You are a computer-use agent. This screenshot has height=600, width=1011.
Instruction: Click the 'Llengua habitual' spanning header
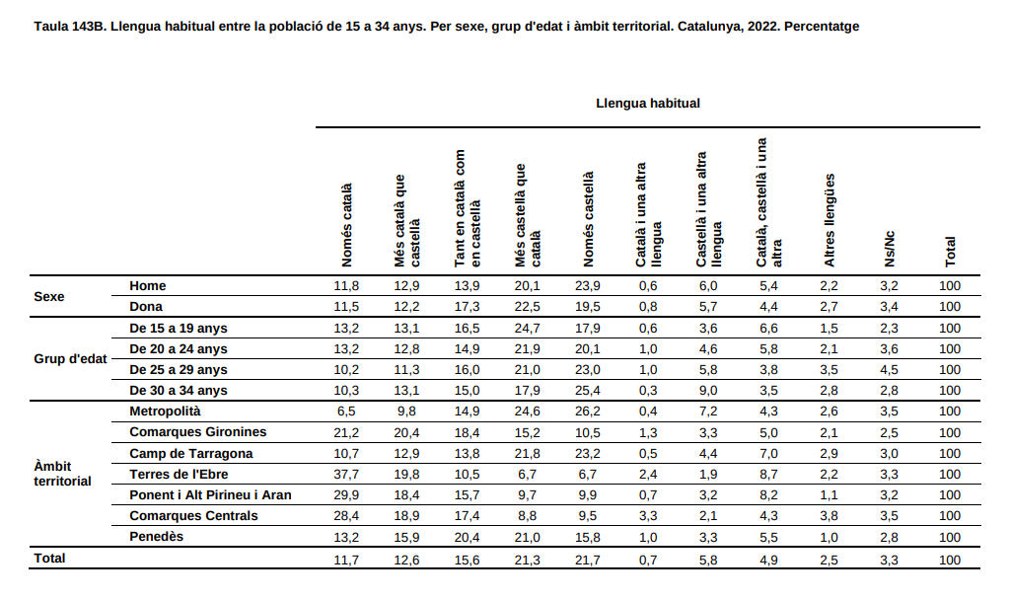point(647,104)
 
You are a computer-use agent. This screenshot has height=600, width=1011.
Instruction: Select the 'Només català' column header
point(346,225)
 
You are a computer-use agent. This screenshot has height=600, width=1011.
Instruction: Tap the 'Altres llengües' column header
point(830,220)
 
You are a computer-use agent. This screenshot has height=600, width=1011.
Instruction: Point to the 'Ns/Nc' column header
point(889,249)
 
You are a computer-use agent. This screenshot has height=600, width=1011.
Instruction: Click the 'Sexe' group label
point(49,297)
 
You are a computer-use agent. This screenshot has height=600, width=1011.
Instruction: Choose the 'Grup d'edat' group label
point(70,358)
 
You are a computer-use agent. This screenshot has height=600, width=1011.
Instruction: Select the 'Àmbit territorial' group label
point(62,474)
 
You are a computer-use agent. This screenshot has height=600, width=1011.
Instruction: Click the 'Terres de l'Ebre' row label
point(179,475)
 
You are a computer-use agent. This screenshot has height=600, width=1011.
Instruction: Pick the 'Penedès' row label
point(156,537)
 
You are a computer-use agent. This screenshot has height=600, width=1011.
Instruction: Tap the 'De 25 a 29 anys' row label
point(178,370)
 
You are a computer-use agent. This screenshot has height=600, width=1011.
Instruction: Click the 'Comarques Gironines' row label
point(198,432)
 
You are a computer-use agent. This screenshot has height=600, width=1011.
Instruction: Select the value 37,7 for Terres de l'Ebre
point(346,475)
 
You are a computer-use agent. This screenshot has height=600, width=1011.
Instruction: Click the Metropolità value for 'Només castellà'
point(588,412)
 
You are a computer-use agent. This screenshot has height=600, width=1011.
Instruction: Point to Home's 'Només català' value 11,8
point(346,286)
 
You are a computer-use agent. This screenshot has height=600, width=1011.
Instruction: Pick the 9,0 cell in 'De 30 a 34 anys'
point(708,391)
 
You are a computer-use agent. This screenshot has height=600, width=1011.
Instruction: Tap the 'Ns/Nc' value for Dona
point(889,307)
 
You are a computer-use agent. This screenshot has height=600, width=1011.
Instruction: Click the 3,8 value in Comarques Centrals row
point(830,516)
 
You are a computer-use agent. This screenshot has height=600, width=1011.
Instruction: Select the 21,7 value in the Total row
point(588,560)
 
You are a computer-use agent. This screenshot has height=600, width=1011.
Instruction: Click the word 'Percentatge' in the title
point(822,27)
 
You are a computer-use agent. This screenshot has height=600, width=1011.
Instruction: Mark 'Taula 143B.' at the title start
point(70,27)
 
